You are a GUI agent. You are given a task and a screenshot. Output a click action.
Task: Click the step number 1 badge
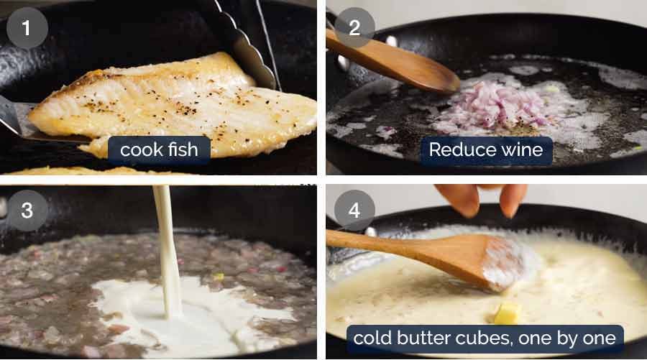click(x=27, y=28)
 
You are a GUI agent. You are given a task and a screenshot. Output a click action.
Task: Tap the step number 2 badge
click(x=354, y=28)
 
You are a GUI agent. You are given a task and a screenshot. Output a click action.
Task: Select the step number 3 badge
click(x=27, y=210)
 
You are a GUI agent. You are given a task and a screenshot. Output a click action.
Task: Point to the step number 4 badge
click(x=354, y=210)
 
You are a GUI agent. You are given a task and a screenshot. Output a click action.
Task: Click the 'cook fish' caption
click(x=160, y=150)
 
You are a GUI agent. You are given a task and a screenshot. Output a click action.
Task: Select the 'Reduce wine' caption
click(x=486, y=150)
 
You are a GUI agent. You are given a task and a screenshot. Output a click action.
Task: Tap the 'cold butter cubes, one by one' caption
click(x=485, y=338)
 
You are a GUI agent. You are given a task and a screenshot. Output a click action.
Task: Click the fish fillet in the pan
click(x=173, y=104)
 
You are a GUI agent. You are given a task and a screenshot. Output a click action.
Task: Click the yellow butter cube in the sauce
click(x=508, y=313)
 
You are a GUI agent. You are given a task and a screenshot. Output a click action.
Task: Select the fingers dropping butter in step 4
click(x=481, y=198)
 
